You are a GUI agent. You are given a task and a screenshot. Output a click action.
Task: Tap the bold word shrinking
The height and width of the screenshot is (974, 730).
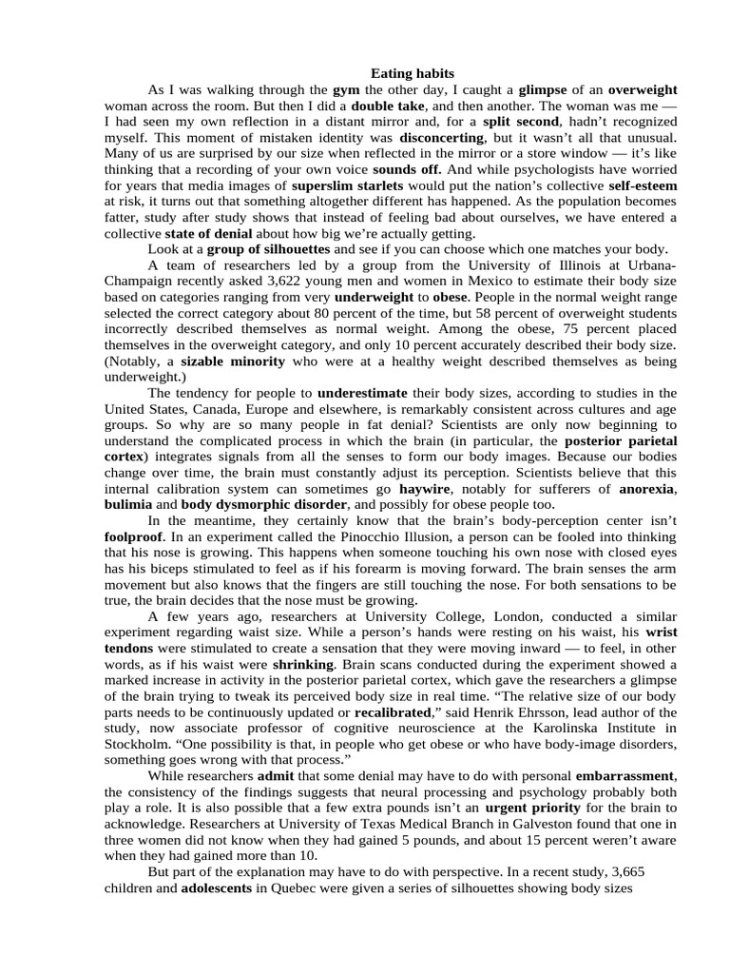303,663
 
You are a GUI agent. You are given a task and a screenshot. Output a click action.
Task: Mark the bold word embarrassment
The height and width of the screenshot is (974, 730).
624,776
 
